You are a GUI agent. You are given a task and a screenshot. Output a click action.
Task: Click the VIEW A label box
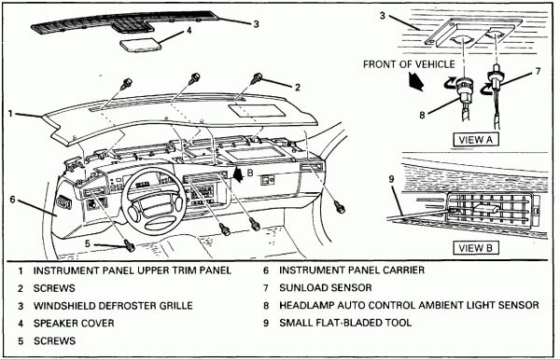click(x=476, y=139)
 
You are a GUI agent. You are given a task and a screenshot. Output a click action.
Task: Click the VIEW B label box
click(x=476, y=248)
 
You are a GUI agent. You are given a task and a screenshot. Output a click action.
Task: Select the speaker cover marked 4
click(x=140, y=44)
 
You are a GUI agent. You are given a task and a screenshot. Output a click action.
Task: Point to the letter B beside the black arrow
click(x=250, y=173)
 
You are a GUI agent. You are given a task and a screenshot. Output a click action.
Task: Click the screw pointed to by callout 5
click(x=130, y=245)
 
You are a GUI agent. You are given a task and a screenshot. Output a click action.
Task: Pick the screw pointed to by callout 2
click(x=258, y=78)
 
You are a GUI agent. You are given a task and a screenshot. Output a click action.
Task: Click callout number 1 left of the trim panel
click(x=10, y=114)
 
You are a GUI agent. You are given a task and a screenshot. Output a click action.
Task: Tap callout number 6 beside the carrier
click(x=12, y=199)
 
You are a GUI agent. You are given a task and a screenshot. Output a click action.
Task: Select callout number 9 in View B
click(x=392, y=179)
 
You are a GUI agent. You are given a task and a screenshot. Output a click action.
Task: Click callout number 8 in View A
click(x=422, y=116)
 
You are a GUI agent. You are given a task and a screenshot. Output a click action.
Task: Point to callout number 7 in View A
click(x=539, y=72)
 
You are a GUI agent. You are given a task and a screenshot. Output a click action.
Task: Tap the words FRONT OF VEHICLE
click(x=410, y=64)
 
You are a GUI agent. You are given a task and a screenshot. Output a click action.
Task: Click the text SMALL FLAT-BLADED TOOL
click(x=345, y=323)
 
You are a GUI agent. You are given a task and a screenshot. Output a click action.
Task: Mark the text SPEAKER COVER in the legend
click(x=74, y=324)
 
